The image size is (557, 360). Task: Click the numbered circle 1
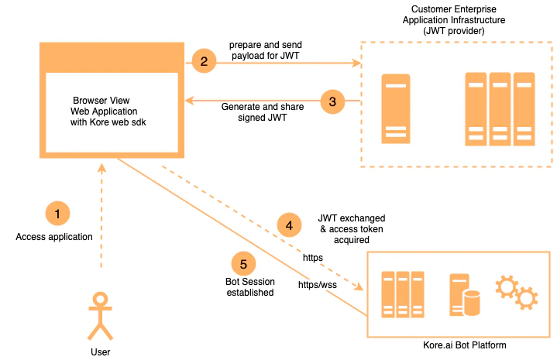point(57,212)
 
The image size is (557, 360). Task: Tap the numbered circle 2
point(204,61)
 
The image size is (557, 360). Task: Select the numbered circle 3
point(332,101)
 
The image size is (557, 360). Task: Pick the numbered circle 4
point(290,225)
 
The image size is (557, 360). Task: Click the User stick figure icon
point(99,315)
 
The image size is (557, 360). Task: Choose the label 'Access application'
point(54,237)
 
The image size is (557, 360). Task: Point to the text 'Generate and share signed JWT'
point(263,112)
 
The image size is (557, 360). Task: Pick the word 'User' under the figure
point(100,352)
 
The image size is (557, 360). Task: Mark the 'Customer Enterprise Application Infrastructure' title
point(454,19)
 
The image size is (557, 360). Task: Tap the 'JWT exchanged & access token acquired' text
point(352,229)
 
